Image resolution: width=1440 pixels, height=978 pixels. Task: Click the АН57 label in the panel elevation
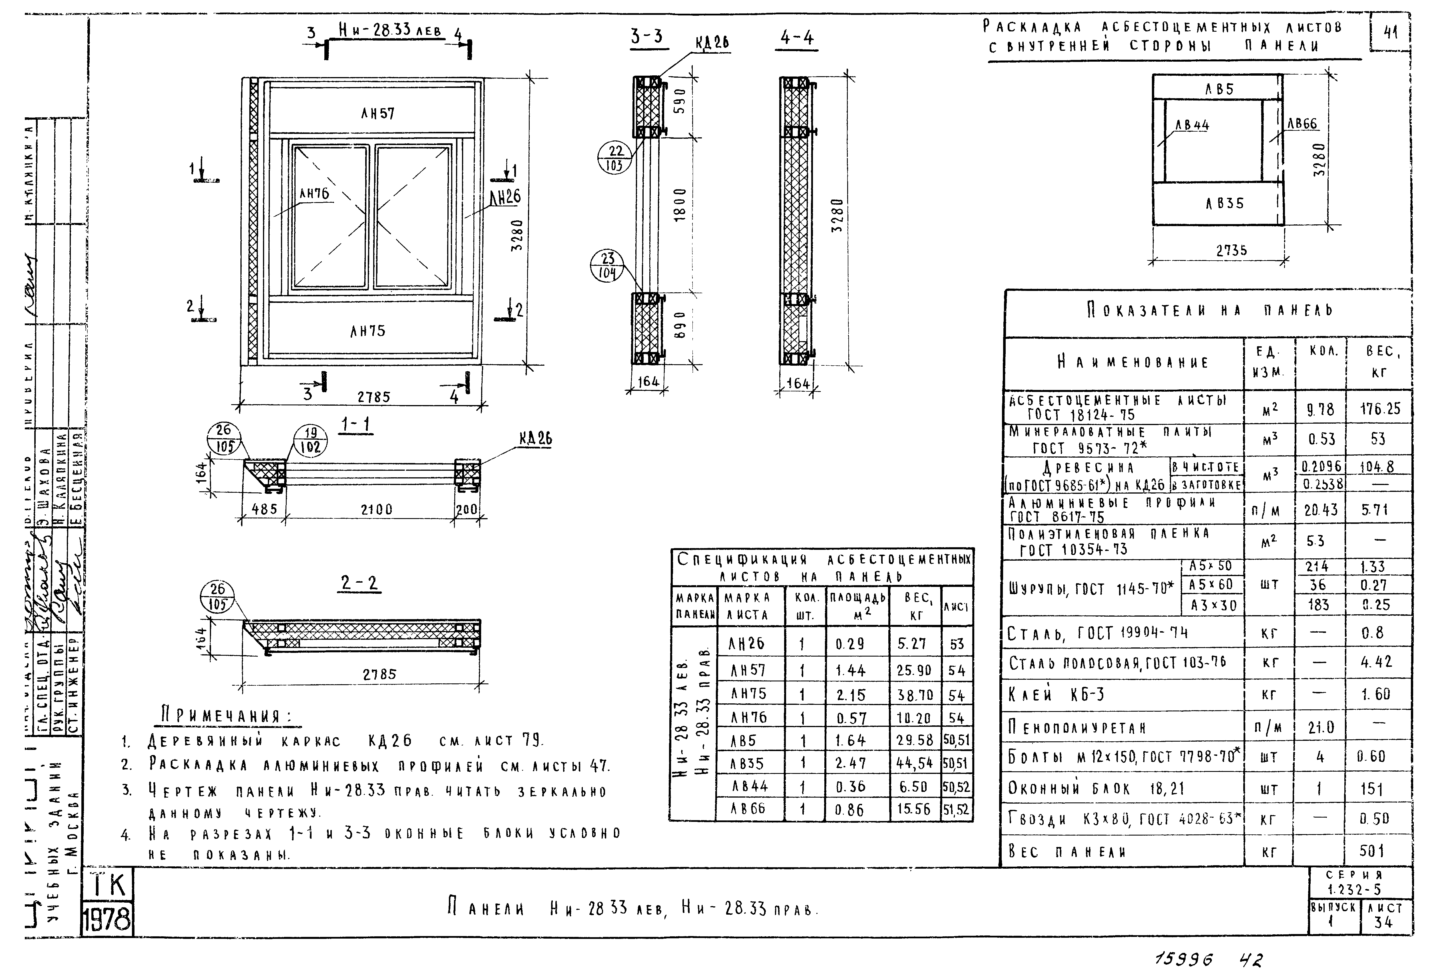pos(377,113)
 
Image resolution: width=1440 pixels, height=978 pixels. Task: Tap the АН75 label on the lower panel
pos(367,331)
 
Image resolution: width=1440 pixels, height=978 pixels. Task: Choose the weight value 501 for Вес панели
pos(1371,851)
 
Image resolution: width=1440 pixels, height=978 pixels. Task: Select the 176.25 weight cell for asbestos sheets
pos(1380,409)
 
